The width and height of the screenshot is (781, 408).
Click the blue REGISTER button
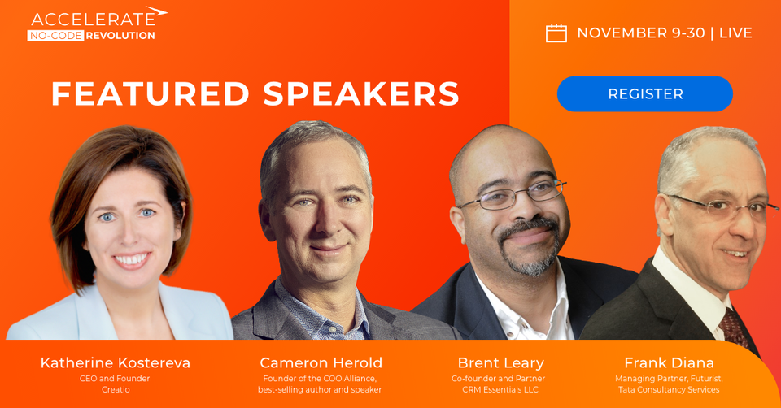[x=645, y=94]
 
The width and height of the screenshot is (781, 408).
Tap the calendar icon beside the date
[x=556, y=33]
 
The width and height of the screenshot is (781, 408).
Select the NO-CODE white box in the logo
[x=55, y=36]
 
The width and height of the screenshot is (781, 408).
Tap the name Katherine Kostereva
[x=116, y=363]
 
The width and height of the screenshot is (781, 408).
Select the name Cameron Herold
[x=321, y=363]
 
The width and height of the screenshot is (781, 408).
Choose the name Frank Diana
[x=669, y=363]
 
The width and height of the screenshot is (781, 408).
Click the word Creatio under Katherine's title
[x=116, y=390]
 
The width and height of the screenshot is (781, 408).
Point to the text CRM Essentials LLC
[x=499, y=390]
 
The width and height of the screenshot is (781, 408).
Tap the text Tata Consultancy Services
[x=669, y=390]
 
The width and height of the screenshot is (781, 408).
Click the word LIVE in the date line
[x=735, y=33]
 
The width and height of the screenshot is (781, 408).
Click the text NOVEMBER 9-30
[x=640, y=33]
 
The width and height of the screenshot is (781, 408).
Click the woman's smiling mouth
[x=131, y=260]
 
